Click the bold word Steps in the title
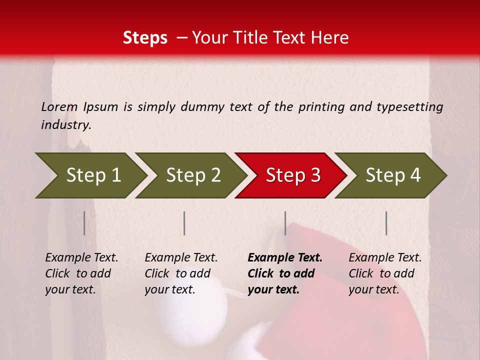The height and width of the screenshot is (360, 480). click(x=145, y=38)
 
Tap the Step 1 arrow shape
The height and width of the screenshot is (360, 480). click(x=90, y=175)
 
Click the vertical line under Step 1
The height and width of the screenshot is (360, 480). click(x=84, y=223)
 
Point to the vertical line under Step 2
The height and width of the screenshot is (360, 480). click(x=184, y=223)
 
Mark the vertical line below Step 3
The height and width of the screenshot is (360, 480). click(x=285, y=223)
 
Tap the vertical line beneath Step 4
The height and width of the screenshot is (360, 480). click(x=386, y=223)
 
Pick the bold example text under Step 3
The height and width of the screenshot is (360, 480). click(x=284, y=273)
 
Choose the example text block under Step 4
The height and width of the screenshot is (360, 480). click(x=385, y=273)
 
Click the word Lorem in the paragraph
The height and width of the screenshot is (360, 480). click(x=59, y=106)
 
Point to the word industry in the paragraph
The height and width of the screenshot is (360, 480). click(x=66, y=125)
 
